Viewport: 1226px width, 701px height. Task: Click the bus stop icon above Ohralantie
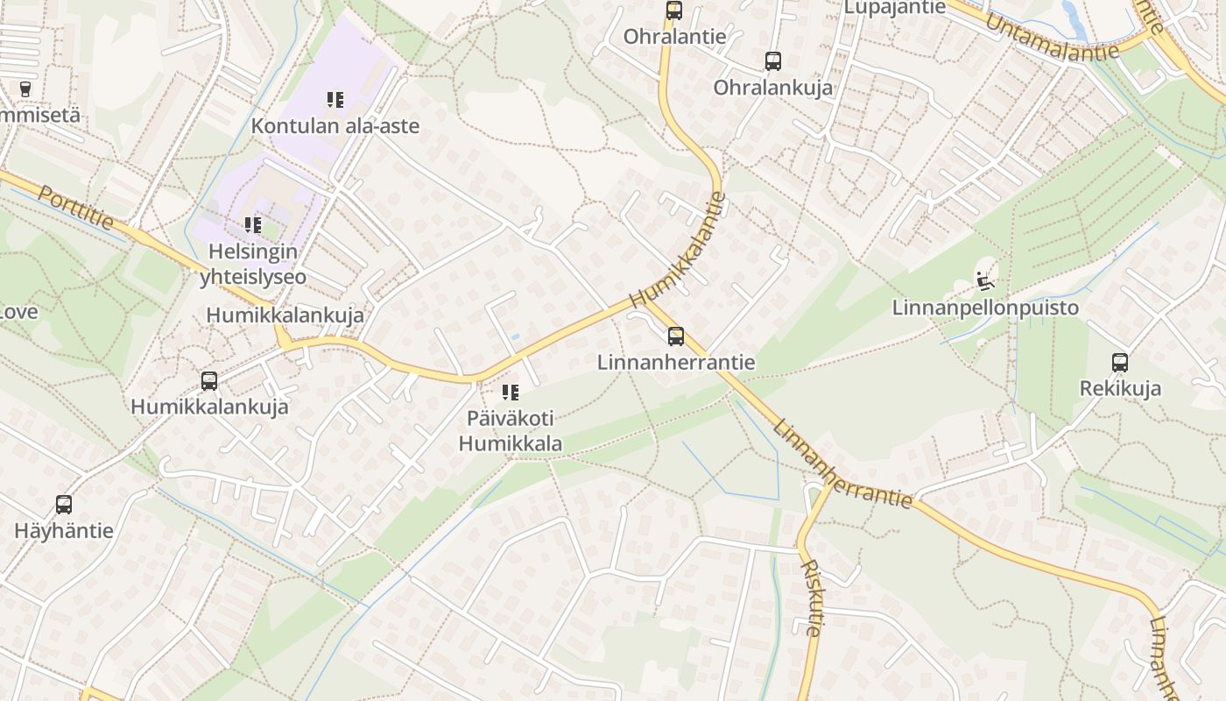click(673, 11)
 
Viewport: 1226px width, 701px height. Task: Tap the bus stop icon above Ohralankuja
click(772, 60)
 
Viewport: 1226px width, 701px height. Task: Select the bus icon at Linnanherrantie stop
click(675, 336)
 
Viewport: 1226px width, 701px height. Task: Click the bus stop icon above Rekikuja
click(1119, 362)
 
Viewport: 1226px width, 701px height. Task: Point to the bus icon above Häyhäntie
click(64, 504)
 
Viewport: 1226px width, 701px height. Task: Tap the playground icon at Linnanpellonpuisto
click(985, 281)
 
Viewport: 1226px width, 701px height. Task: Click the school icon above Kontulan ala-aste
click(335, 100)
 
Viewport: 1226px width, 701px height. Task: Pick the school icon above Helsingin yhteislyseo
click(253, 225)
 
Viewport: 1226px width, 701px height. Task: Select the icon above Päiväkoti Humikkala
click(511, 392)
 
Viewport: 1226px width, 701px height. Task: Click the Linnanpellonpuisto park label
click(985, 308)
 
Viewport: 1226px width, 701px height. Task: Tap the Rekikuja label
click(1120, 388)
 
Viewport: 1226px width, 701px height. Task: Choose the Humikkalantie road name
click(679, 250)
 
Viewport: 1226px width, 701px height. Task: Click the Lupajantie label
click(894, 8)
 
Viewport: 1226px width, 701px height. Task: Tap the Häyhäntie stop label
click(64, 530)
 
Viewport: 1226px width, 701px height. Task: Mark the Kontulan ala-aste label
click(335, 126)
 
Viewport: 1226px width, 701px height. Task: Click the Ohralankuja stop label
click(772, 88)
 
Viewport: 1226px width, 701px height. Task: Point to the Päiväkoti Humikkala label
click(511, 430)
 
